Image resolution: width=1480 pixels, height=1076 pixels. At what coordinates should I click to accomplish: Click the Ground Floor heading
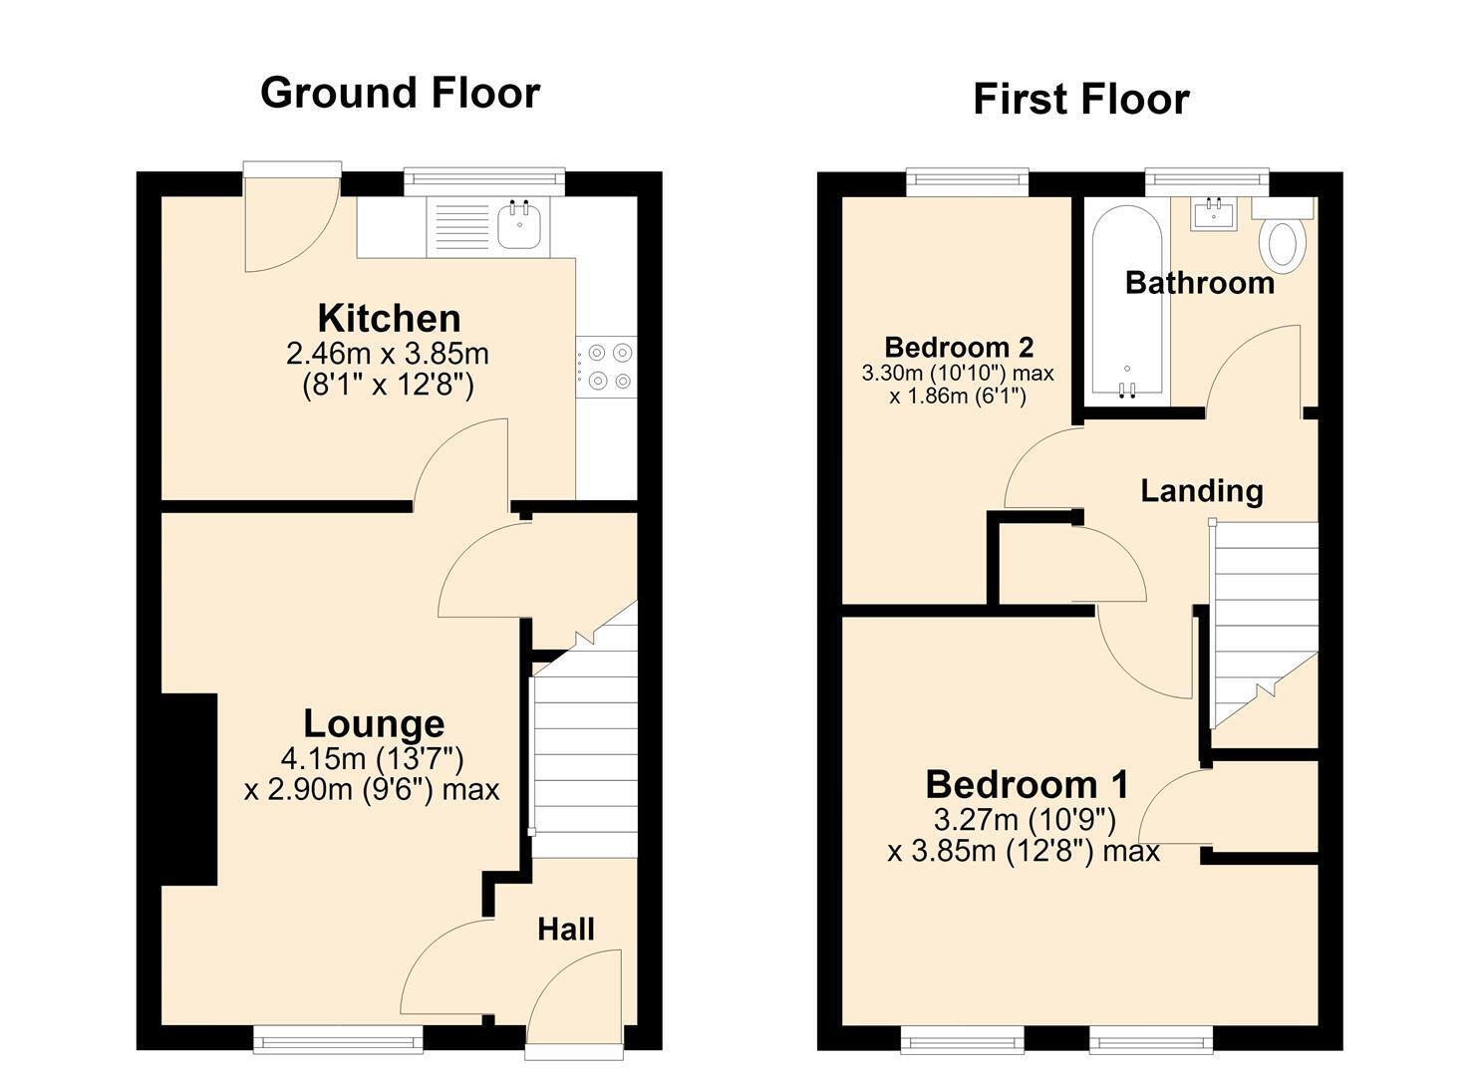pos(401,93)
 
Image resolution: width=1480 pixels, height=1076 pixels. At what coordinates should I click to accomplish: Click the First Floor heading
pos(1081,100)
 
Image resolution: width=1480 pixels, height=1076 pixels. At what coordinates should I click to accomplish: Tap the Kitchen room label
pos(389,319)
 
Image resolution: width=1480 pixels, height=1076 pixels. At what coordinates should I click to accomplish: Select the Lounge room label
pos(374,724)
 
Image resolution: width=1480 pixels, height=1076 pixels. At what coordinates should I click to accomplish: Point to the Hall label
pos(565,930)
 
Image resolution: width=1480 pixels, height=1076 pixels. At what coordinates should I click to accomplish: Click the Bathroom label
pos(1200,283)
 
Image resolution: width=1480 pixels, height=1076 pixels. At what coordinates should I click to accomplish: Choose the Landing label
pos(1202,492)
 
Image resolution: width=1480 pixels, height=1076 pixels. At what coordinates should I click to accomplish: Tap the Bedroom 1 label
pos(1027,785)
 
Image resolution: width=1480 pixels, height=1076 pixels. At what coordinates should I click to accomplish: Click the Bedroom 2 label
pos(959,347)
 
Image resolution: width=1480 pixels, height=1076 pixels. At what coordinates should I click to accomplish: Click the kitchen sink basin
pos(522,224)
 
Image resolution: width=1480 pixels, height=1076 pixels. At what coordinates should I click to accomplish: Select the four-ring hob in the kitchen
pos(607,367)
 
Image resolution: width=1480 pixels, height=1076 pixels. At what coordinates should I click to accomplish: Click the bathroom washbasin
pos(1214,214)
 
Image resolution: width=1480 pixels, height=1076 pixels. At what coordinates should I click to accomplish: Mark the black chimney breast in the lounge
pos(189,789)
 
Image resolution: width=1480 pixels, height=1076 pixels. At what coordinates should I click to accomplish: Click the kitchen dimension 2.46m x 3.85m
pos(387,354)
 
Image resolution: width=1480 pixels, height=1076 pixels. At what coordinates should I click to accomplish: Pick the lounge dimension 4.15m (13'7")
pos(372,759)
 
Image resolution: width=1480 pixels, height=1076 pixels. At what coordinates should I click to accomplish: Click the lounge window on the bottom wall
pos(338,1041)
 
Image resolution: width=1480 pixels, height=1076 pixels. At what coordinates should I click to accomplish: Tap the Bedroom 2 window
pos(968,182)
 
